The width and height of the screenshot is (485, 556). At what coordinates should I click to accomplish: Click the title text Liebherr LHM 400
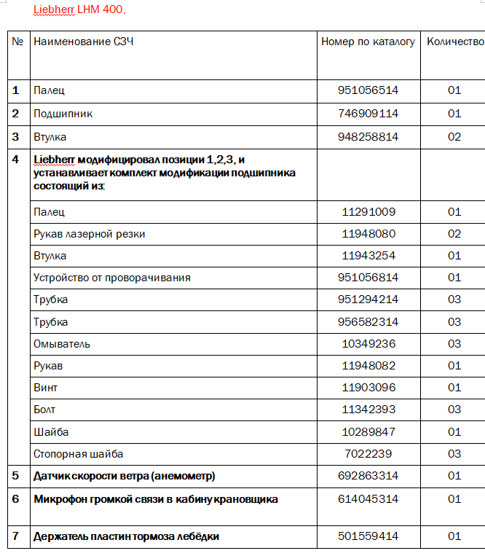point(79,10)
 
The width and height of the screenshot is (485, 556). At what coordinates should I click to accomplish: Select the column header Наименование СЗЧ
point(83,42)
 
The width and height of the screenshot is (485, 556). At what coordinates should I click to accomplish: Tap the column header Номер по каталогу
point(368,42)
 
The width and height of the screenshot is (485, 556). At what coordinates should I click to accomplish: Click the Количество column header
point(455,42)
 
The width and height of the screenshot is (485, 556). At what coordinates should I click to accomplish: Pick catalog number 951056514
point(368,90)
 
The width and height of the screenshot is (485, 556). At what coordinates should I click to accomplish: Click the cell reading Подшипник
point(63,114)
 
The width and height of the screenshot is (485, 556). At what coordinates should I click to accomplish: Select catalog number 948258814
point(368,136)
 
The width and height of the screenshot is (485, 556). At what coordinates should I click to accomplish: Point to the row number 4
point(16,160)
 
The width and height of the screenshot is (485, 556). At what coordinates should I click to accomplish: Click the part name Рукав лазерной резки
point(89,234)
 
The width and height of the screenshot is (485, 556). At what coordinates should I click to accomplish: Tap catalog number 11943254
point(368,256)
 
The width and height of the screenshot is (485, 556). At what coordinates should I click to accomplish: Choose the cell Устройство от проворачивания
point(112,278)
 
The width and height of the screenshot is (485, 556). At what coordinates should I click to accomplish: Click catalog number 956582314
point(368,322)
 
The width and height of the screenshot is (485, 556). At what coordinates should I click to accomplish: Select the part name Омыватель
point(62,344)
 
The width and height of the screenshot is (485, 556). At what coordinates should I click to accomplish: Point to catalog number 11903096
point(368,388)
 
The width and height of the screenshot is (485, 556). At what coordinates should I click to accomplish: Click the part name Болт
point(44,410)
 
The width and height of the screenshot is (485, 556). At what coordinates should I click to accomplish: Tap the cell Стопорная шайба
point(78,454)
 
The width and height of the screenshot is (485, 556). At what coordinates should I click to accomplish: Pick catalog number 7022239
point(368,454)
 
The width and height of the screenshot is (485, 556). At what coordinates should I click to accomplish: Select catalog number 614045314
point(368,499)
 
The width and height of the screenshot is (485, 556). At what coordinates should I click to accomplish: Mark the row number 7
point(16,536)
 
